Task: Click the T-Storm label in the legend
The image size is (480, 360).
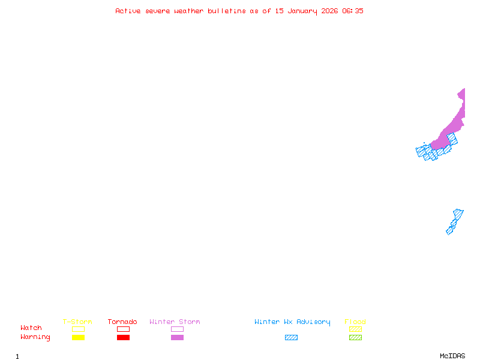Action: [77, 322]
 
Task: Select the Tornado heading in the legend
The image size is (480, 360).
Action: [122, 322]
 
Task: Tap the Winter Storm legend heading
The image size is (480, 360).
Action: [175, 322]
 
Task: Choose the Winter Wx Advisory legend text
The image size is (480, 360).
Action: [292, 322]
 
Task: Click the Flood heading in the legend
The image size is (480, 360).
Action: [355, 322]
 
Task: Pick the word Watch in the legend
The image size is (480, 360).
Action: [31, 328]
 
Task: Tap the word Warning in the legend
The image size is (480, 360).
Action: [35, 337]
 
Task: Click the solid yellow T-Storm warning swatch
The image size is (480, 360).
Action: [78, 337]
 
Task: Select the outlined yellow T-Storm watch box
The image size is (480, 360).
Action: [78, 329]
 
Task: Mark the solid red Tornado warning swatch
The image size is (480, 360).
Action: [123, 337]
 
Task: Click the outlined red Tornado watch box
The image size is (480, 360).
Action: [123, 329]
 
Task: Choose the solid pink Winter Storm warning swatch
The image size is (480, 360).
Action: [177, 337]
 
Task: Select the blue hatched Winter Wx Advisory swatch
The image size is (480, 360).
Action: [291, 337]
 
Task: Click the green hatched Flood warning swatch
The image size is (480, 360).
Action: [355, 337]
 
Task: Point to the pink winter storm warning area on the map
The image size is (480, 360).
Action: [455, 123]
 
